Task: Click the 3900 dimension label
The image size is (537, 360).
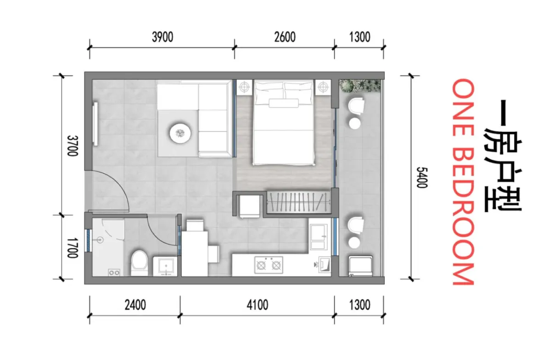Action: click(x=162, y=37)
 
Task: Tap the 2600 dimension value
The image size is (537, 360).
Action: click(x=285, y=37)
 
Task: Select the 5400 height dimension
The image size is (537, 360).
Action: click(x=422, y=177)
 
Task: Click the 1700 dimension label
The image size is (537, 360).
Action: click(x=72, y=248)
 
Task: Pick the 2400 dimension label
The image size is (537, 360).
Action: click(x=135, y=305)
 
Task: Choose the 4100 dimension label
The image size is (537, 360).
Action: click(x=257, y=305)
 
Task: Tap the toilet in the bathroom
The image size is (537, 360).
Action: click(x=139, y=262)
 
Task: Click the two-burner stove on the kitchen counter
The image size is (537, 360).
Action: click(x=269, y=265)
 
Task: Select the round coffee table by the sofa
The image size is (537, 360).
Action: click(x=180, y=133)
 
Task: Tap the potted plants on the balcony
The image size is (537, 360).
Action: click(x=359, y=86)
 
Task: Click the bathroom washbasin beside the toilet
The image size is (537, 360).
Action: click(x=165, y=266)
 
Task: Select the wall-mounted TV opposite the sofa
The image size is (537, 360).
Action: click(x=95, y=123)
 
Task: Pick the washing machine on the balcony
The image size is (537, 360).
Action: click(x=361, y=266)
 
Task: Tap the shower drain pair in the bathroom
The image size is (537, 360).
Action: click(x=114, y=273)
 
